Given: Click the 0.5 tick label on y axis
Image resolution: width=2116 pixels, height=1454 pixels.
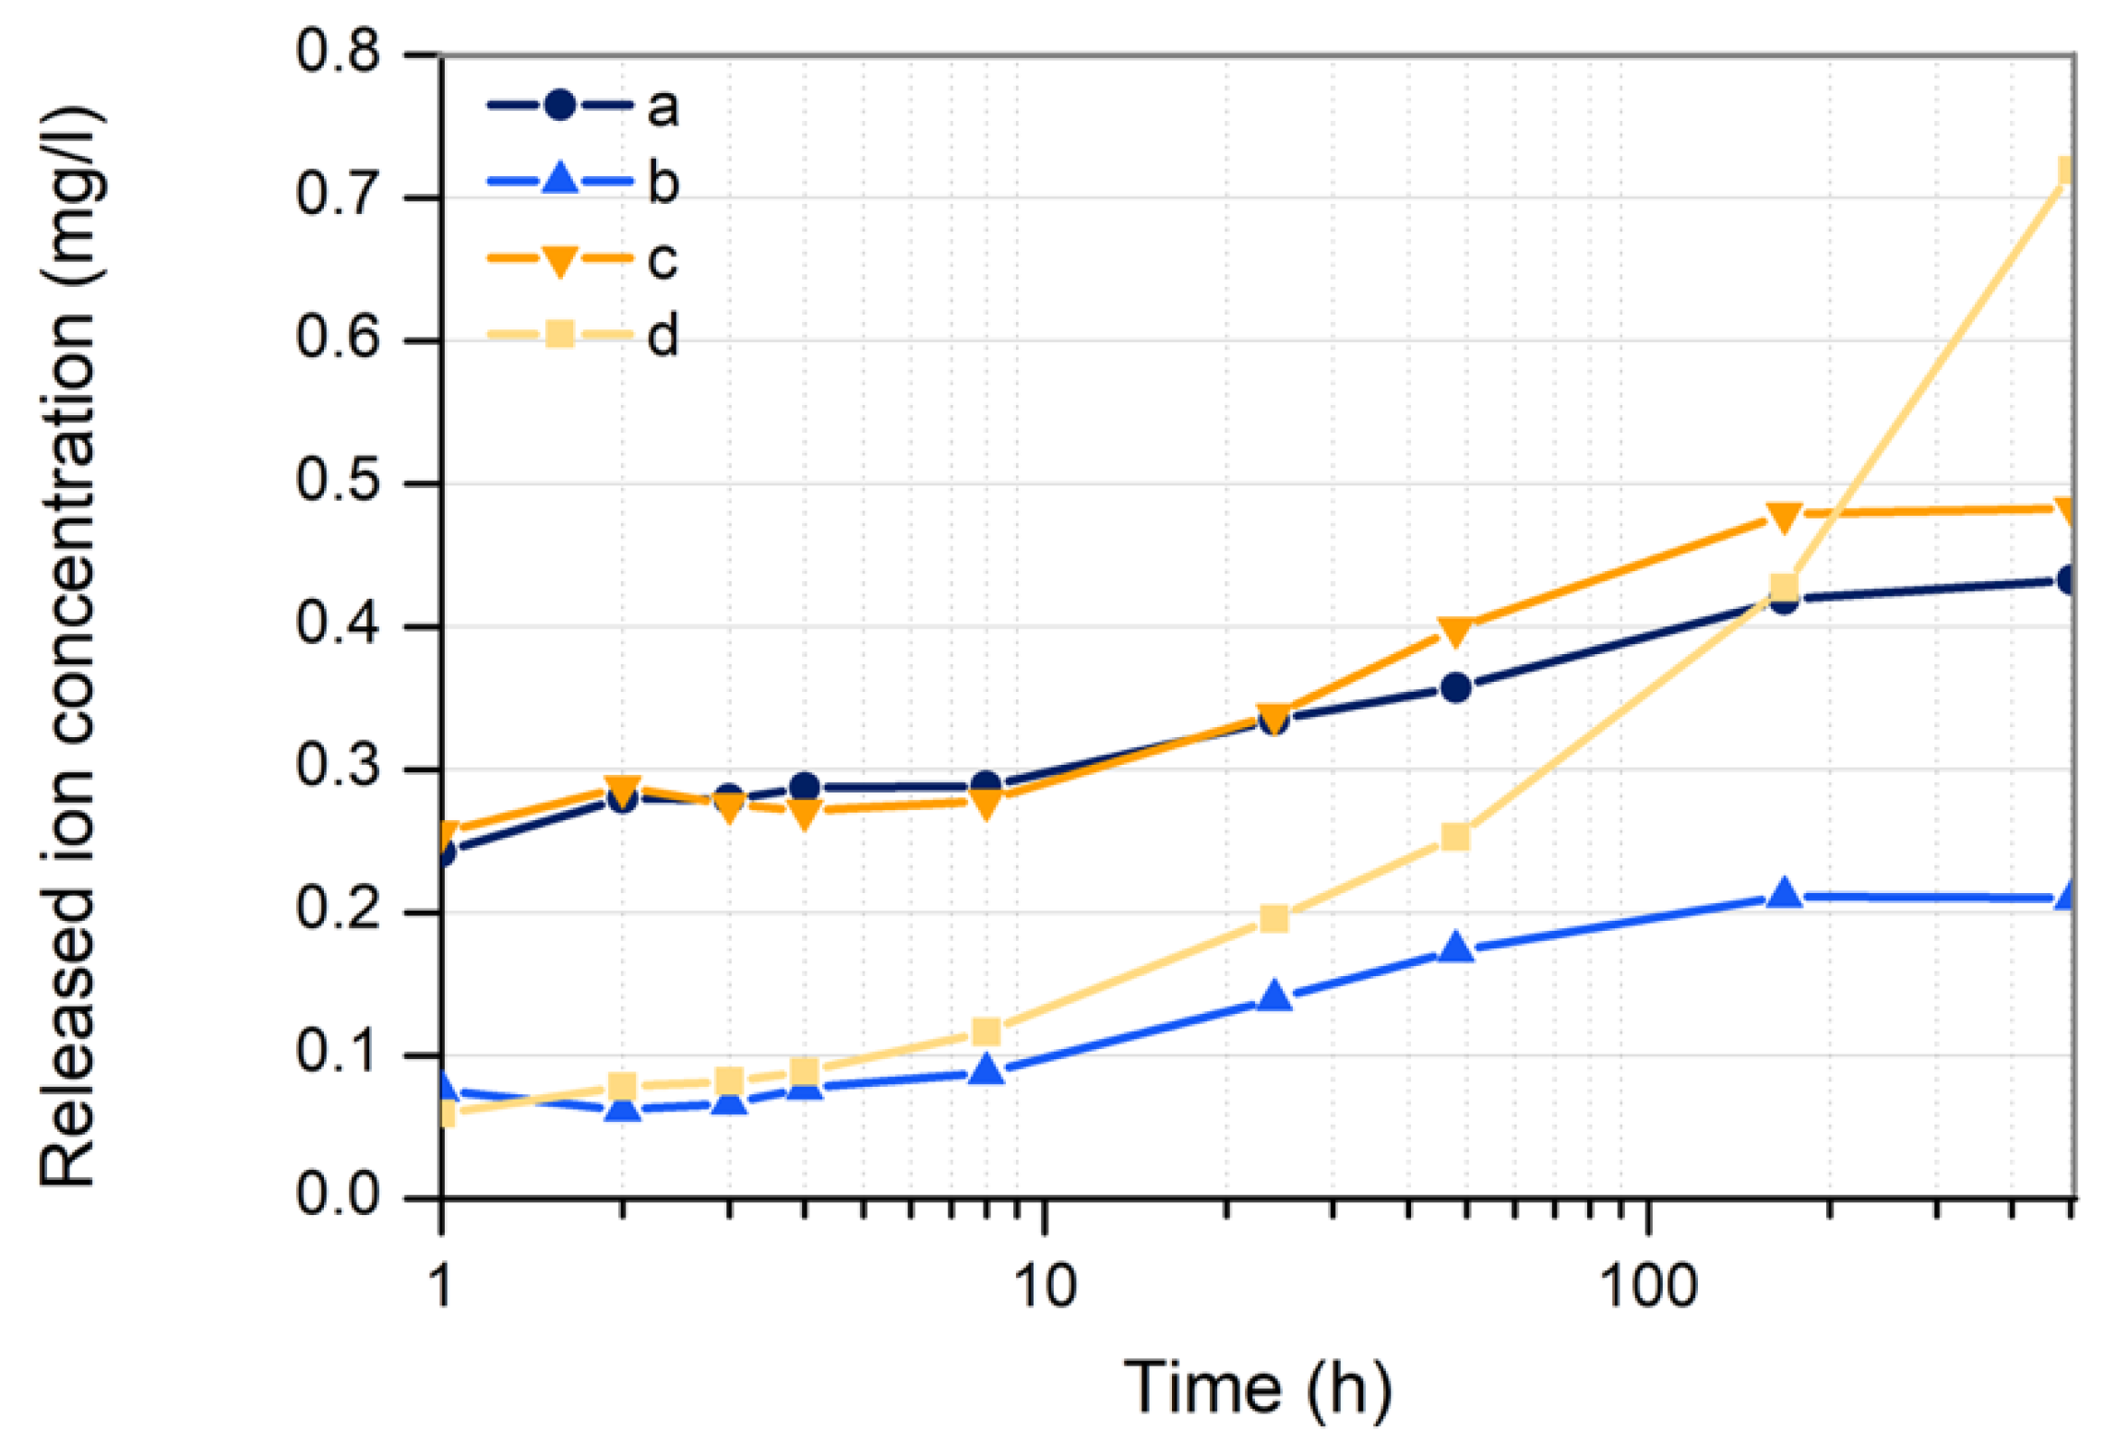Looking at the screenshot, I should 337,481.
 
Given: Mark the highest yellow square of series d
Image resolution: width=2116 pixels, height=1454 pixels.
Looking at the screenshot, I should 2065,172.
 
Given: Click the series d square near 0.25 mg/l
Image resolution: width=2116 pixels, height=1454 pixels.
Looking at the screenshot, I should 1455,837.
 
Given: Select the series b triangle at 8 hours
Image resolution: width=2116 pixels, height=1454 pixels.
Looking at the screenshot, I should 987,1069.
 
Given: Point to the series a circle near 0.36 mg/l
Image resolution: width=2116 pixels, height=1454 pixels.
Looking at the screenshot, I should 1455,688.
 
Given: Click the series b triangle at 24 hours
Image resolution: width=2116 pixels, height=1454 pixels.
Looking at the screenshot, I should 1274,996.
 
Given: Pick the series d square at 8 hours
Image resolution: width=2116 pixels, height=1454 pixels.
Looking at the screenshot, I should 986,1031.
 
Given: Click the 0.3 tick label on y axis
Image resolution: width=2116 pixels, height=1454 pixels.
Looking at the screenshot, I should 337,767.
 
